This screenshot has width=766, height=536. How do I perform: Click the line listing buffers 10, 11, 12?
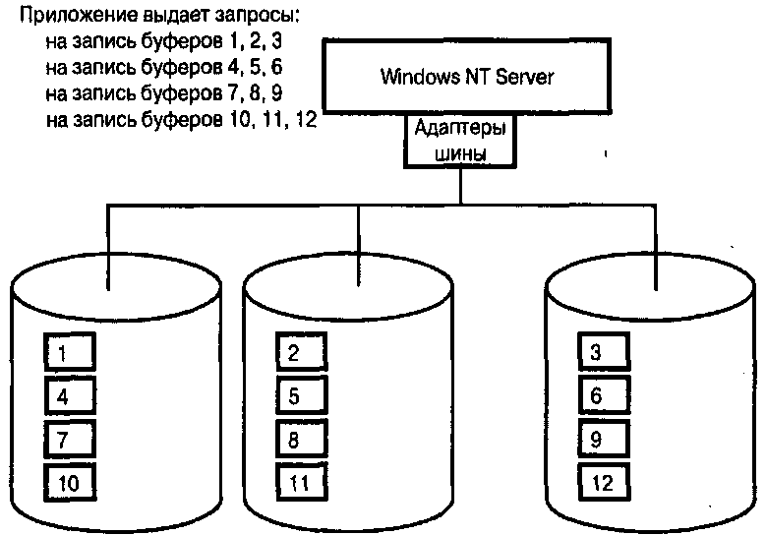(179, 120)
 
